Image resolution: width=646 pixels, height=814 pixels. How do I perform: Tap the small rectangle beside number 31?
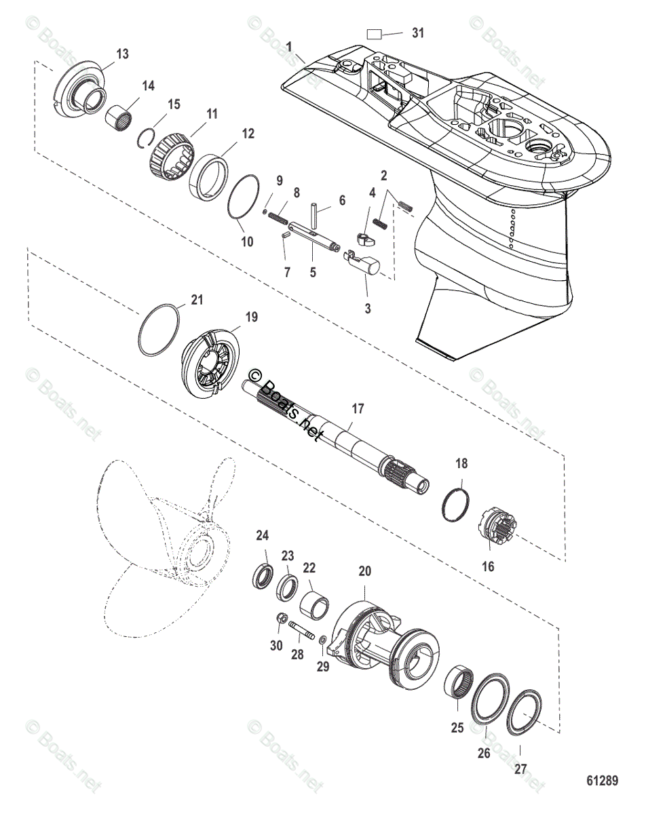pyautogui.click(x=375, y=34)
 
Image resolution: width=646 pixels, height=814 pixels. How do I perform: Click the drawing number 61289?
pyautogui.click(x=602, y=781)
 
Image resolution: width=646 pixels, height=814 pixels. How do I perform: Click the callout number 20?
pyautogui.click(x=365, y=572)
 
